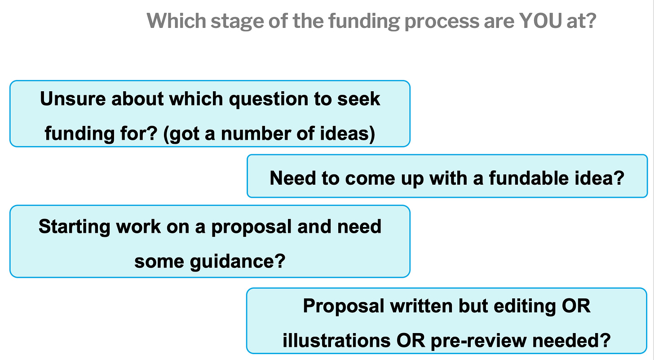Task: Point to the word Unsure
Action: [x=72, y=99]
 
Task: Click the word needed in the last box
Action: [x=574, y=340]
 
